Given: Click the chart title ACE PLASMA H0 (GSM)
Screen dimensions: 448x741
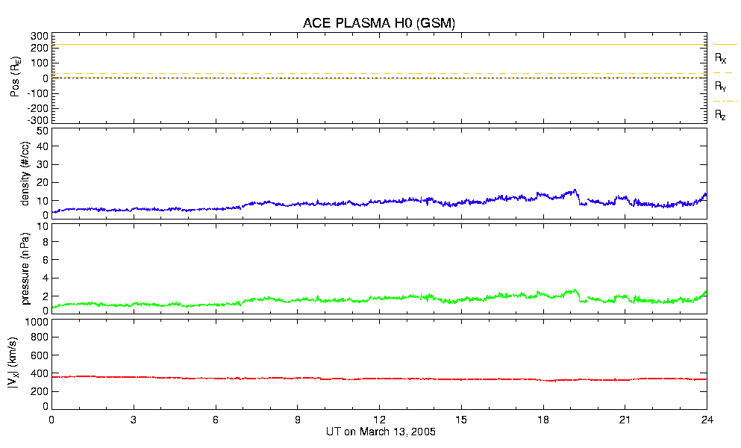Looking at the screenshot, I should point(378,23).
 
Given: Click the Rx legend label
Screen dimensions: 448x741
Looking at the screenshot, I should point(721,57).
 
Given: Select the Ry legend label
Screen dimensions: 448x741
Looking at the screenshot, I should point(721,87).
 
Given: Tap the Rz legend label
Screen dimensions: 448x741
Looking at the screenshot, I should point(721,115).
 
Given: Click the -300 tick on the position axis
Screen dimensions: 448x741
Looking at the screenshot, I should point(37,119).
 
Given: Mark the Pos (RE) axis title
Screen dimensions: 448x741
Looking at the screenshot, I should point(15,78).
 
